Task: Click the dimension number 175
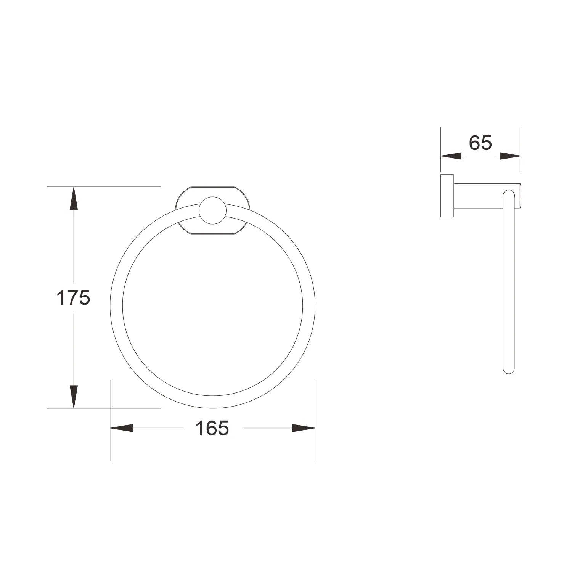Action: tap(73, 298)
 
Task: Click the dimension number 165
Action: tap(212, 428)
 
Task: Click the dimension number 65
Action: tap(480, 143)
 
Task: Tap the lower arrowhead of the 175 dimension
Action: tap(74, 397)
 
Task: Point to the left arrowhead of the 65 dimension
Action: tap(451, 156)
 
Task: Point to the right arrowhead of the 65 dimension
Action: tap(511, 156)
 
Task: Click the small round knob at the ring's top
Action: tap(212, 210)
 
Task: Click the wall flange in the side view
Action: tap(447, 196)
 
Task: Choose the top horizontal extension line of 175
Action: tap(114, 187)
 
